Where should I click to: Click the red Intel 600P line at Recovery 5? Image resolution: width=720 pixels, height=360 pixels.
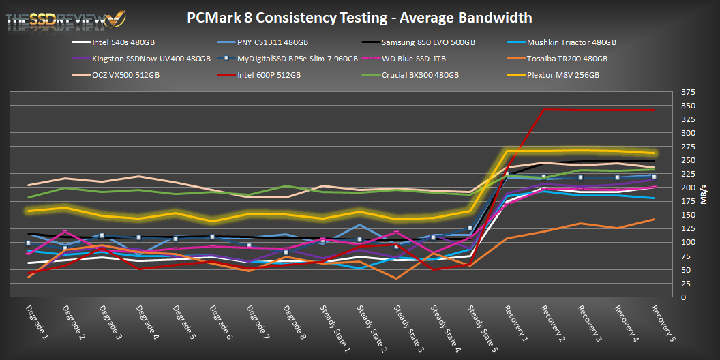(x=654, y=110)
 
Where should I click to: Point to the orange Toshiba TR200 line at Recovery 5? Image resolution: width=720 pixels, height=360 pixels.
(x=654, y=219)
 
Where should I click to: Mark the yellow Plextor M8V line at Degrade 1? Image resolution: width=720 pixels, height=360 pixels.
(x=29, y=211)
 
